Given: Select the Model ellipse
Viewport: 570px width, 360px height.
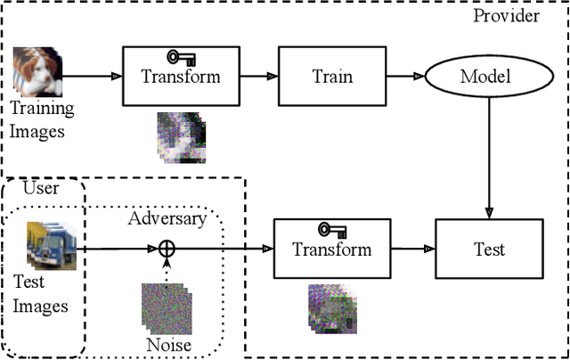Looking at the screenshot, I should [x=485, y=76].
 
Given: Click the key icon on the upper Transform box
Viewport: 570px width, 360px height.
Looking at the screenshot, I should [x=181, y=59].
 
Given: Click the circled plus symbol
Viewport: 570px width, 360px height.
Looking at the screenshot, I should [x=166, y=250].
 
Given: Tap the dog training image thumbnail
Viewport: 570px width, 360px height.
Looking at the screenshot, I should [x=37, y=71].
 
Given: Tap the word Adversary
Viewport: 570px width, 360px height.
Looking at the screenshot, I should [x=167, y=218].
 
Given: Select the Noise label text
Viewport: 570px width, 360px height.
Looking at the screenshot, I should [x=167, y=345].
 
